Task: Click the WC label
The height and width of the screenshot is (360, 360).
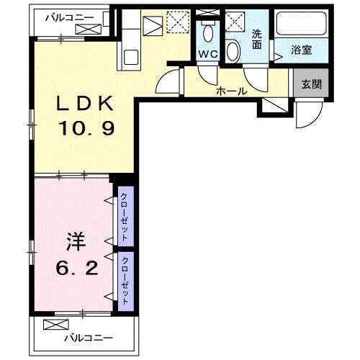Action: pyautogui.click(x=209, y=54)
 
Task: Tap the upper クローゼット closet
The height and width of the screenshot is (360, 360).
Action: pyautogui.click(x=125, y=217)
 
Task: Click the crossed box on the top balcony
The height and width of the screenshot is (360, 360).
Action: pyautogui.click(x=85, y=29)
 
